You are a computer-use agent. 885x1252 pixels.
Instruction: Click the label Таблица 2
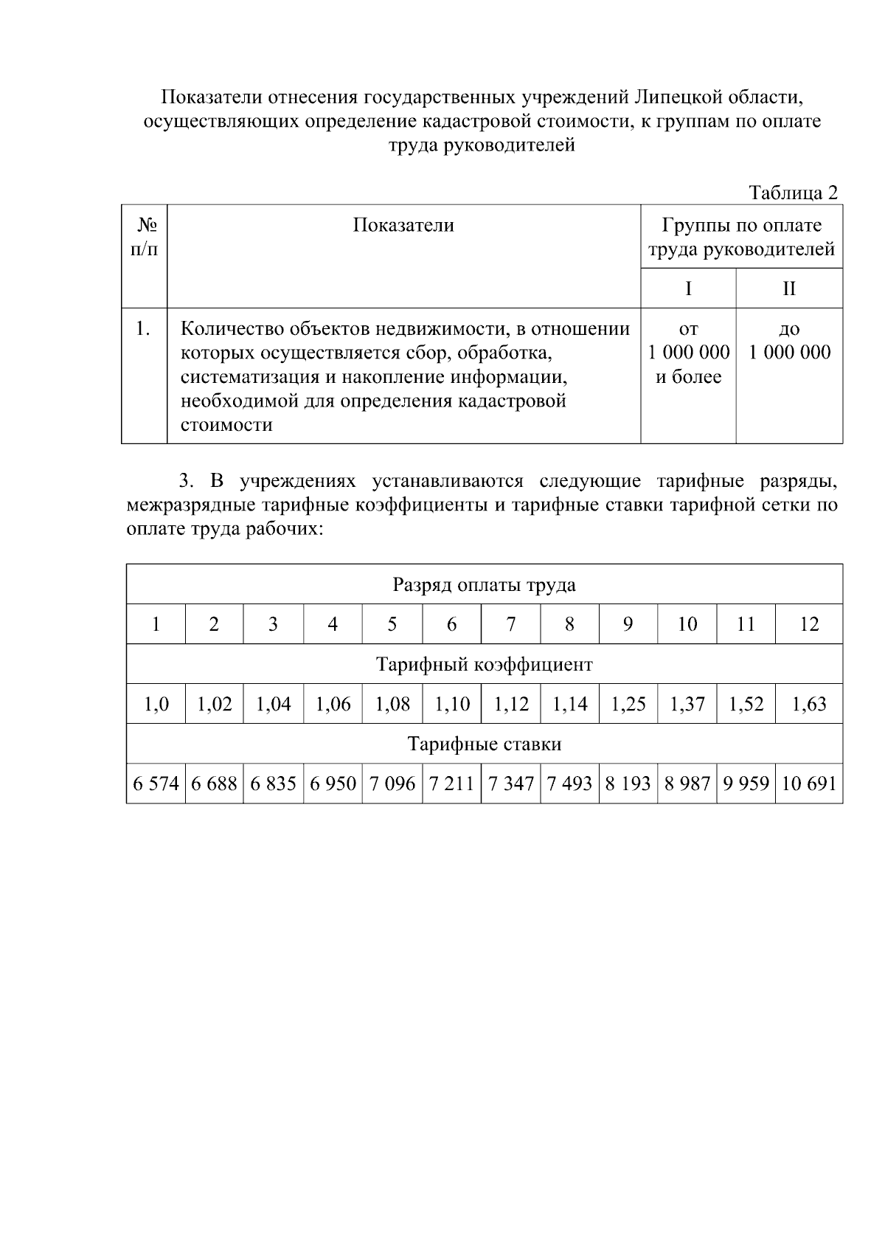tap(793, 193)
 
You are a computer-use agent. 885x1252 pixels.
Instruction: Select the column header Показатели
tap(403, 225)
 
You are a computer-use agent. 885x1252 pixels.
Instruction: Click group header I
tap(688, 288)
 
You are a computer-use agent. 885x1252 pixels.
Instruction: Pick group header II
tap(789, 288)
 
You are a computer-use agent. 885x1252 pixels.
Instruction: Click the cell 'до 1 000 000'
tap(789, 341)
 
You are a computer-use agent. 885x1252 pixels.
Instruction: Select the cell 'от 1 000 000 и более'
tap(688, 353)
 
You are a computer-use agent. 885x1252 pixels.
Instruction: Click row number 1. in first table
tap(144, 329)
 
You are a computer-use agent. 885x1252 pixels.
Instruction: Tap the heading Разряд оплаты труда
tap(484, 585)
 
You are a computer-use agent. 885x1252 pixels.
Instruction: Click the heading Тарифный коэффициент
tap(484, 665)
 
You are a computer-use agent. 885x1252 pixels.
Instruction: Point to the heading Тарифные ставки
tap(484, 744)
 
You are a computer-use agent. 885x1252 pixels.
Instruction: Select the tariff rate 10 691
tap(808, 784)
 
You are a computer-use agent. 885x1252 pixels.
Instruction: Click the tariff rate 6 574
tap(156, 784)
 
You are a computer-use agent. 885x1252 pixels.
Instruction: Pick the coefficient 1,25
tap(628, 705)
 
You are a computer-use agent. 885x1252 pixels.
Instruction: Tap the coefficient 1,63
tap(808, 705)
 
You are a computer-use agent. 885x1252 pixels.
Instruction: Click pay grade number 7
tap(510, 625)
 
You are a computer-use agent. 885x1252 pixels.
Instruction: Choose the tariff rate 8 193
tap(628, 784)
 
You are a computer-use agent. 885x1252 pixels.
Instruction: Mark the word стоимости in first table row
tap(226, 425)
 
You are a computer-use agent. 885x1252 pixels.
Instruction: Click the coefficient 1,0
tap(156, 705)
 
